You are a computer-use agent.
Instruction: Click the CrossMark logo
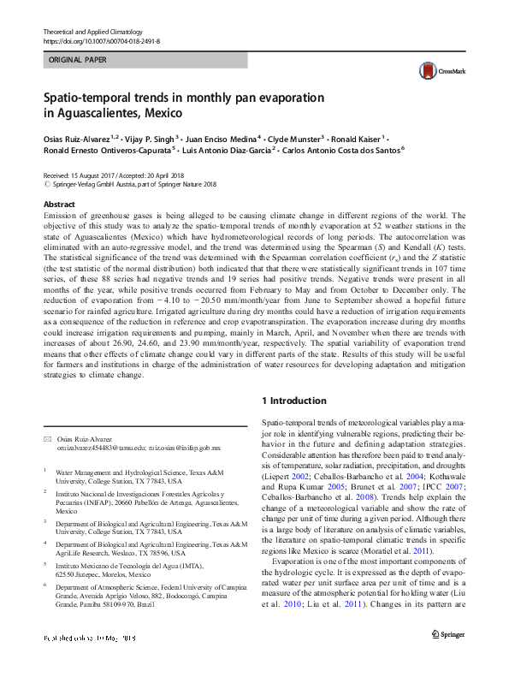[x=435, y=71]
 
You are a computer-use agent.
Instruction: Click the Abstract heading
[x=59, y=205]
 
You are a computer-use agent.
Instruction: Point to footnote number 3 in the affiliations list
[x=45, y=521]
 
